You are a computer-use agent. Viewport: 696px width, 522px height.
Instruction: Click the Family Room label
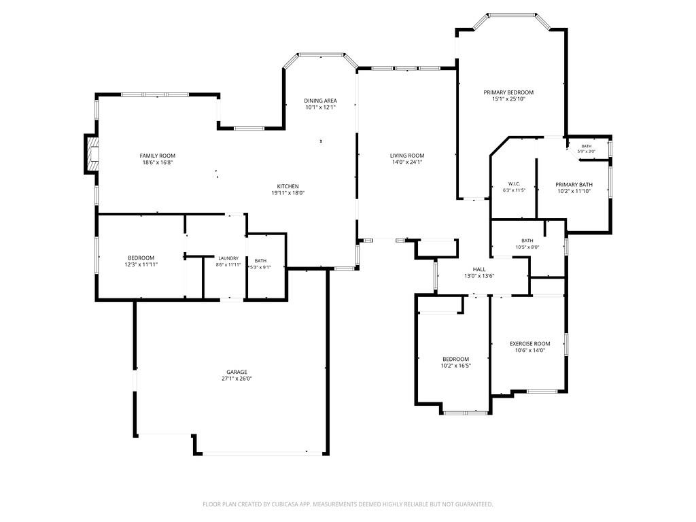pyautogui.click(x=157, y=156)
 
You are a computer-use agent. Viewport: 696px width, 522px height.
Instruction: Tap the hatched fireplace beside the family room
pyautogui.click(x=92, y=154)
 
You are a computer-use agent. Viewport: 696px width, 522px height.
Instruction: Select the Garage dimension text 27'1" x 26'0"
pyautogui.click(x=237, y=379)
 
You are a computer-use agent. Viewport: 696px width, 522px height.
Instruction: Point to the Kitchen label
pyautogui.click(x=288, y=186)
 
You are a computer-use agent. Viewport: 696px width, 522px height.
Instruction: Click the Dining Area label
pyautogui.click(x=320, y=101)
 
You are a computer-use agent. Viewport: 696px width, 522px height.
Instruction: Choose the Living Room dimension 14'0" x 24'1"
pyautogui.click(x=407, y=162)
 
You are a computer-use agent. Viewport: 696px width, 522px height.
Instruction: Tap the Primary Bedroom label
pyautogui.click(x=508, y=92)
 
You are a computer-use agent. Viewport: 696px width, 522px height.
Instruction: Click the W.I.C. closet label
pyautogui.click(x=514, y=184)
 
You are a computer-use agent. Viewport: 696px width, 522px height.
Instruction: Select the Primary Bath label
pyautogui.click(x=574, y=185)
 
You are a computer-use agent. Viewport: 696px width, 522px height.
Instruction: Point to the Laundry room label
pyautogui.click(x=228, y=258)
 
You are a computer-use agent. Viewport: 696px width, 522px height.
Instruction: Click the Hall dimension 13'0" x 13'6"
pyautogui.click(x=479, y=276)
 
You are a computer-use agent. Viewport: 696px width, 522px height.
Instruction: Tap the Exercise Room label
pyautogui.click(x=529, y=343)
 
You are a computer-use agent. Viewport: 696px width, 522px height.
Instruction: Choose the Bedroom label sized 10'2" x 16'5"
pyautogui.click(x=455, y=359)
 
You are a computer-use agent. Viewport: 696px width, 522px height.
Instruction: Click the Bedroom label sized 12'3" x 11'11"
pyautogui.click(x=141, y=258)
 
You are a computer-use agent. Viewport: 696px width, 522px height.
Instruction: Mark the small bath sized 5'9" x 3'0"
pyautogui.click(x=587, y=149)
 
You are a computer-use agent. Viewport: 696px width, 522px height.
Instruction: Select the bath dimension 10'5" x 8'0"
pyautogui.click(x=527, y=247)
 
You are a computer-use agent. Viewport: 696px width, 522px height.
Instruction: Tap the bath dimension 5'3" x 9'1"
pyautogui.click(x=260, y=267)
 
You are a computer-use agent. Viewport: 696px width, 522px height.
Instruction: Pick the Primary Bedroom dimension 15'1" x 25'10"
pyautogui.click(x=508, y=99)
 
